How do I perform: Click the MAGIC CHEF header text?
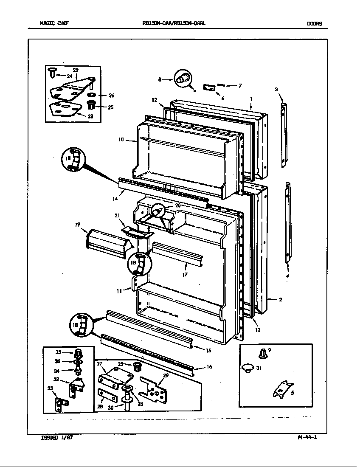tap(54, 24)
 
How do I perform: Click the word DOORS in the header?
tap(315, 24)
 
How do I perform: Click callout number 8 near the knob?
tap(160, 79)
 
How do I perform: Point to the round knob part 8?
tap(183, 78)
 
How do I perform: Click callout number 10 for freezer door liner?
tap(121, 139)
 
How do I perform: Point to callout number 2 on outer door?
tap(281, 299)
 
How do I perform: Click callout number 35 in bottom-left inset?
tap(59, 352)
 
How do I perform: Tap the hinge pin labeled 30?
tap(127, 399)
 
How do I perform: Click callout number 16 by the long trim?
tap(209, 367)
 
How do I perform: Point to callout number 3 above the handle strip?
tap(276, 90)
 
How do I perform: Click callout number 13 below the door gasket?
tap(258, 330)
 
